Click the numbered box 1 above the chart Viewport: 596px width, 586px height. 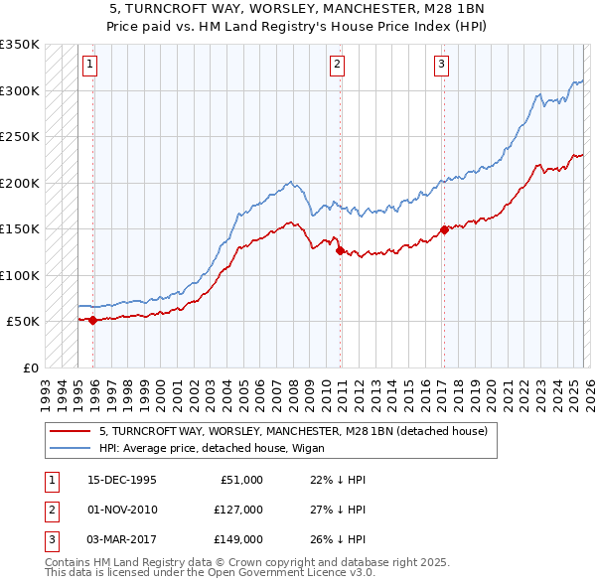pos(89,65)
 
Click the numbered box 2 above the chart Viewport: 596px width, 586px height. pos(338,65)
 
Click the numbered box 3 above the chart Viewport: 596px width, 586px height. pos(441,65)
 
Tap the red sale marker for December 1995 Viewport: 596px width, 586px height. pos(92,320)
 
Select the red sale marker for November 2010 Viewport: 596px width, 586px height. pos(340,250)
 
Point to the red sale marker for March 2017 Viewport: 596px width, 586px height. pos(444,229)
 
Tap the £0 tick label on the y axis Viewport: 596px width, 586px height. pos(29,367)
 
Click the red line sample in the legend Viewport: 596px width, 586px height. pos(70,432)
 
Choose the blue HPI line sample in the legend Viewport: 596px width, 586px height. pos(70,448)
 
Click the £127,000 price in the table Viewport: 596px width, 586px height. pos(237,510)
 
